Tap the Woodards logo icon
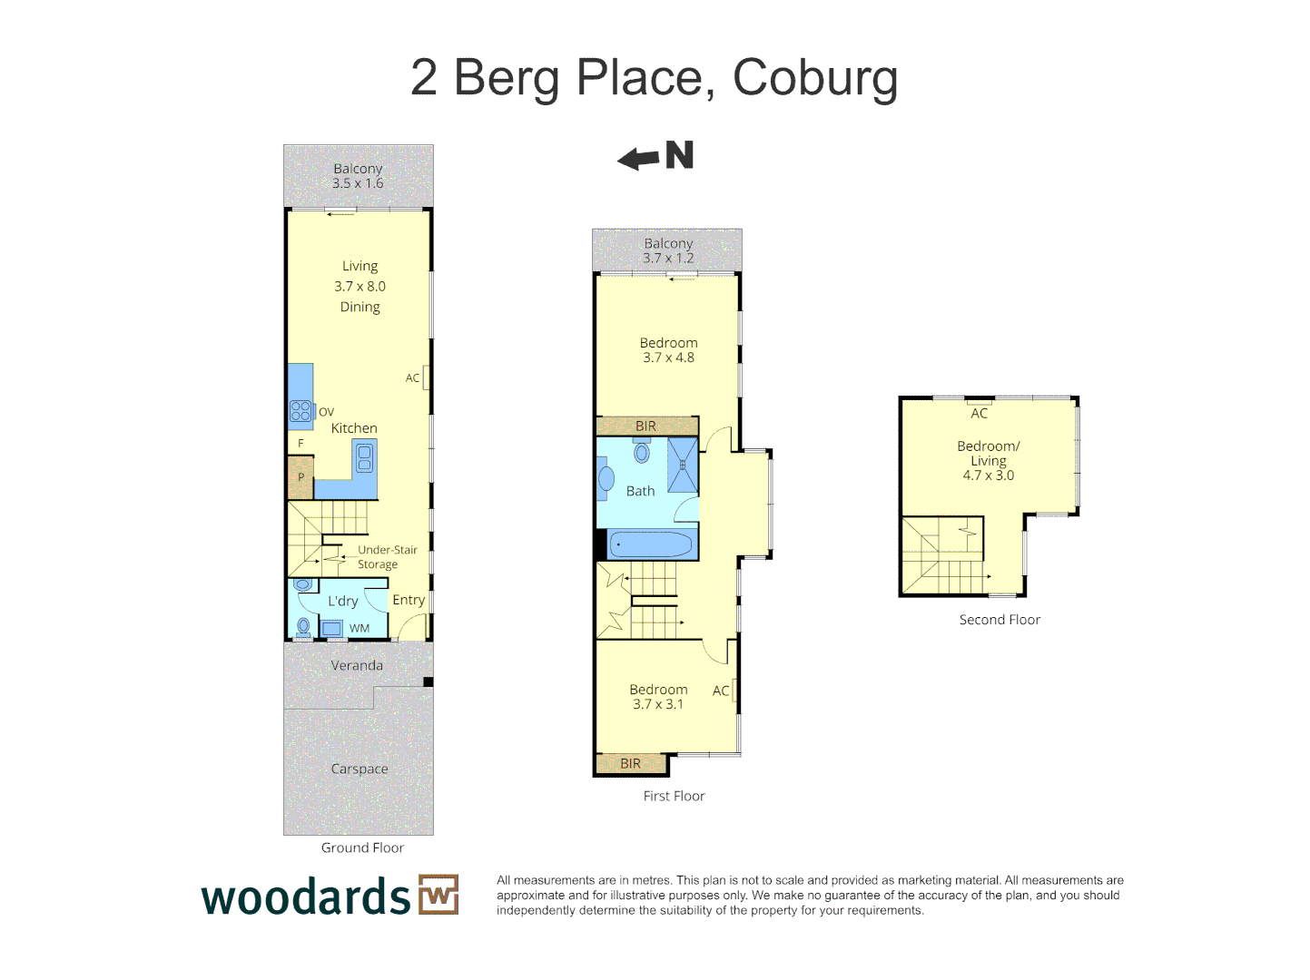438,895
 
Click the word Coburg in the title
814,78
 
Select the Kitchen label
354,428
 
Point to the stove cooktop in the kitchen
300,410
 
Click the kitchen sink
364,457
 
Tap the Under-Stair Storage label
387,557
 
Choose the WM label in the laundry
360,628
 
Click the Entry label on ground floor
409,600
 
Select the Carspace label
360,769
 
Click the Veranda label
357,665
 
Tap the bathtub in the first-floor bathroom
650,544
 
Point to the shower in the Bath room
683,465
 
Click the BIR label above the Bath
645,426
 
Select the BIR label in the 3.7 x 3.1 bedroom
630,764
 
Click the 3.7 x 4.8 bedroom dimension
668,358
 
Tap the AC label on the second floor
979,414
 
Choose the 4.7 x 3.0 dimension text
988,475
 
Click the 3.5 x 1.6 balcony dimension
358,183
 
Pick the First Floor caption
674,796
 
